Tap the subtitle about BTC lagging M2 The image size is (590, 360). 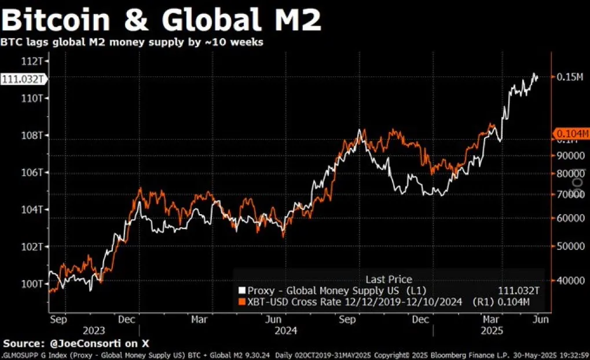(x=132, y=43)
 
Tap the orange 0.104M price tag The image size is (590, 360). (x=572, y=133)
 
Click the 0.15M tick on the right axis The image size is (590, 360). (x=570, y=77)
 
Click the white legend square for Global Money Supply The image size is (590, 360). (x=242, y=290)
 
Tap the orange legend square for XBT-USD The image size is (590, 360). (x=242, y=302)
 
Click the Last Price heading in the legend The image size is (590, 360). (x=389, y=280)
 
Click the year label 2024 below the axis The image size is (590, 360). (x=287, y=330)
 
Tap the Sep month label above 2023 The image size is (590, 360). (x=57, y=318)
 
